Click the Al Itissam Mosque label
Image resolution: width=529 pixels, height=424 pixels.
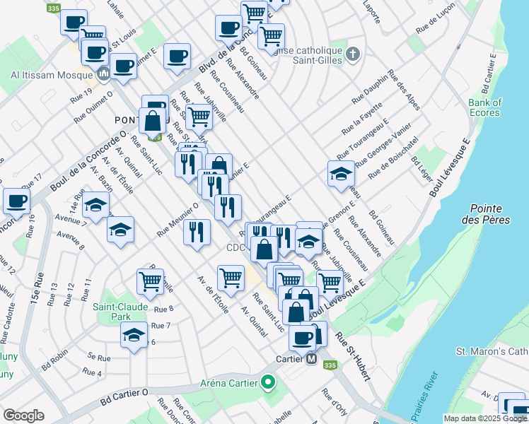pyautogui.click(x=48, y=73)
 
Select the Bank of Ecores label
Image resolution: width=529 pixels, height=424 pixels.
pyautogui.click(x=484, y=107)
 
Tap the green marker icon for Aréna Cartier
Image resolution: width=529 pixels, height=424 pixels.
pyautogui.click(x=267, y=384)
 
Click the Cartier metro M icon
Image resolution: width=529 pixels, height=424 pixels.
pyautogui.click(x=310, y=359)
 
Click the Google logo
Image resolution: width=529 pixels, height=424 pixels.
pyautogui.click(x=23, y=416)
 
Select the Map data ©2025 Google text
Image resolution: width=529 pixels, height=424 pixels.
pyautogui.click(x=485, y=418)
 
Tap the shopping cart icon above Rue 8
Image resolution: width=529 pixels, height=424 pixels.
pyautogui.click(x=151, y=281)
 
